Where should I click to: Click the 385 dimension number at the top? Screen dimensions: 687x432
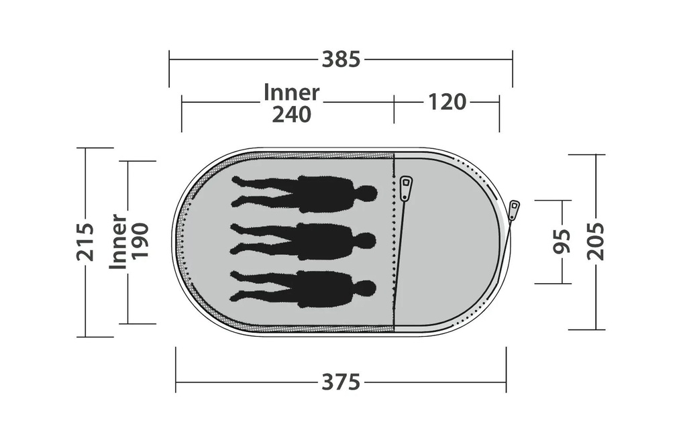pyautogui.click(x=341, y=60)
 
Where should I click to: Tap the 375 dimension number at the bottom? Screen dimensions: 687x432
pyautogui.click(x=341, y=382)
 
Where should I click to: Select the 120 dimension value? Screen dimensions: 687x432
pyautogui.click(x=446, y=102)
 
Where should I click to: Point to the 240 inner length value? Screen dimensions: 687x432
pyautogui.click(x=291, y=115)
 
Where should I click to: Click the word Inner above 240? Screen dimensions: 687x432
pyautogui.click(x=291, y=93)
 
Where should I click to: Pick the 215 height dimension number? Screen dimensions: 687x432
pyautogui.click(x=85, y=242)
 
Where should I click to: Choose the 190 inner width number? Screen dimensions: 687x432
pyautogui.click(x=141, y=242)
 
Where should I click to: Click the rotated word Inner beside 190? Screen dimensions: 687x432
pyautogui.click(x=118, y=241)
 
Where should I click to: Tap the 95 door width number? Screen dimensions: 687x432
pyautogui.click(x=562, y=241)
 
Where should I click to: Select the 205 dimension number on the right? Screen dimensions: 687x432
pyautogui.click(x=596, y=241)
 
